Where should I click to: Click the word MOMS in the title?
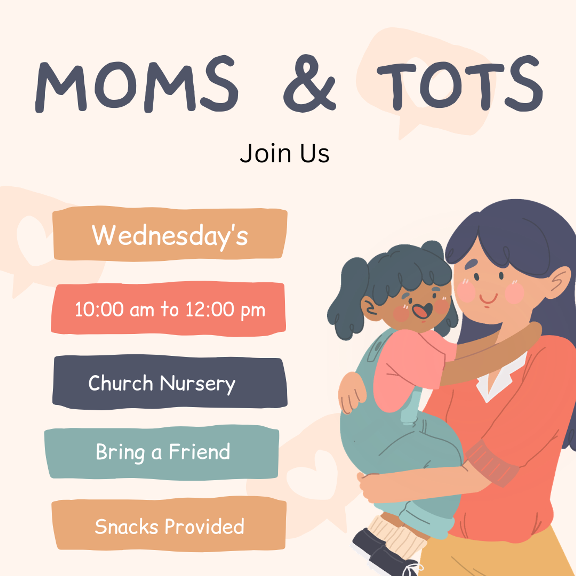pyautogui.click(x=137, y=84)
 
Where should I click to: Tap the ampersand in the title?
pyautogui.click(x=310, y=84)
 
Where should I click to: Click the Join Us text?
pyautogui.click(x=285, y=153)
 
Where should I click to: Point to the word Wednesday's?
pyautogui.click(x=170, y=236)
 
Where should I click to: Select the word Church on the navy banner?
pyautogui.click(x=120, y=382)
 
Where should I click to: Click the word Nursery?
pyautogui.click(x=198, y=384)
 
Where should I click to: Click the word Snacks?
pyautogui.click(x=126, y=526)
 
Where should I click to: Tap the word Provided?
pyautogui.click(x=204, y=526)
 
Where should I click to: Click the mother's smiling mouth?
pyautogui.click(x=489, y=299)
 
